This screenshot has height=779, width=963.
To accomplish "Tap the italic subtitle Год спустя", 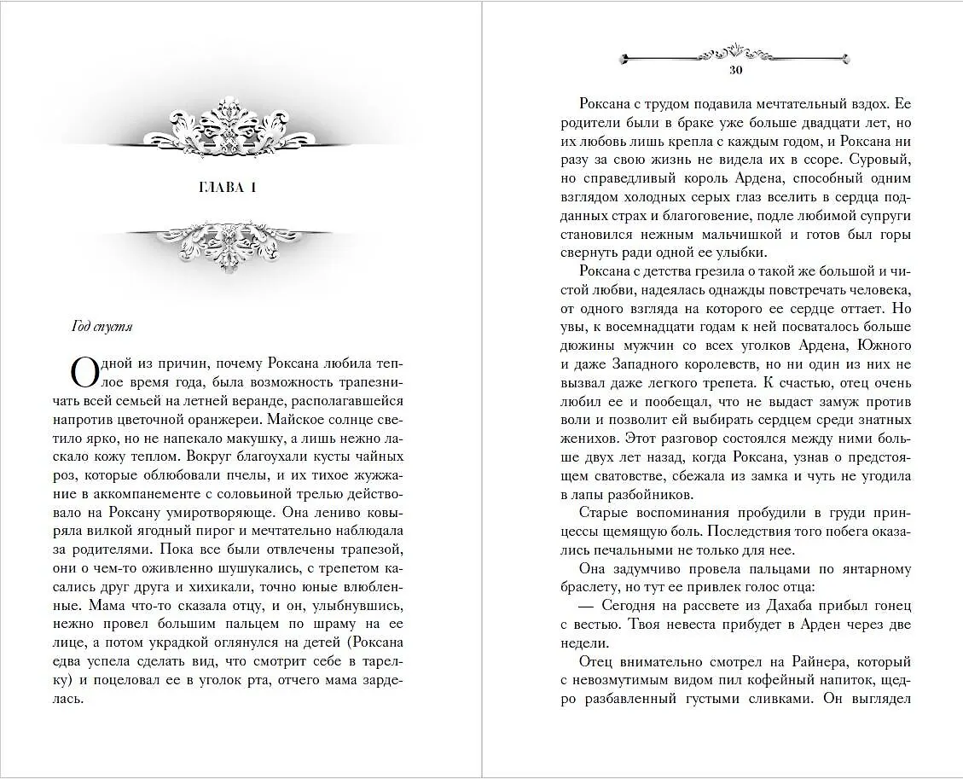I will pyautogui.click(x=102, y=326).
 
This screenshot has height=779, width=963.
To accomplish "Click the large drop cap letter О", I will pyautogui.click(x=84, y=372).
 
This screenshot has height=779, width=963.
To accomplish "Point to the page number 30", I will pyautogui.click(x=737, y=71).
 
